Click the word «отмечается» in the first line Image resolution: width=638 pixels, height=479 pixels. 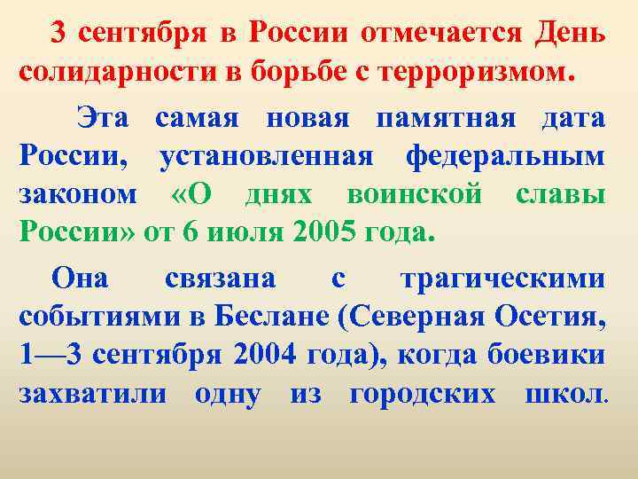click(443, 33)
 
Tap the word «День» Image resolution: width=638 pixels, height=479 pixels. click(571, 33)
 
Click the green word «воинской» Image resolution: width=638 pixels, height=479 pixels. click(429, 196)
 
